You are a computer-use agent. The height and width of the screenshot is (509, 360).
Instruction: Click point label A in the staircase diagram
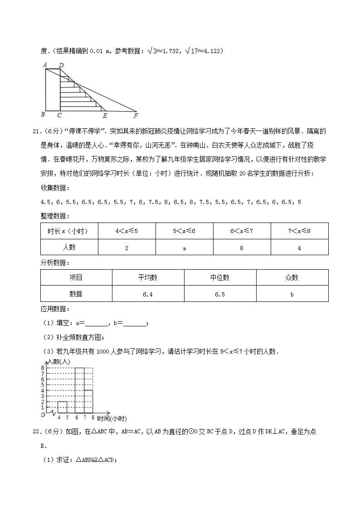coord(45,65)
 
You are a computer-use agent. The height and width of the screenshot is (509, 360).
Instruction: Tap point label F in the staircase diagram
coord(136,115)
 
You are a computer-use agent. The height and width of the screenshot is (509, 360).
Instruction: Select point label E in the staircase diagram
coord(105,115)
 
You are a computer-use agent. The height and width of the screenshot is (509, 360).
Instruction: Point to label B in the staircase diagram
coord(43,114)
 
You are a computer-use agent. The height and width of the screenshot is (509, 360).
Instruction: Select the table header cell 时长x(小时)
coord(69,231)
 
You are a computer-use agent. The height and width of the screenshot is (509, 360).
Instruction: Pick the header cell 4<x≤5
coord(126,231)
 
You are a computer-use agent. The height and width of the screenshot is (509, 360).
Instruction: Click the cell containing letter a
coord(184,248)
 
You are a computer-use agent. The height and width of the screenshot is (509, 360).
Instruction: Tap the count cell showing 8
coord(242,248)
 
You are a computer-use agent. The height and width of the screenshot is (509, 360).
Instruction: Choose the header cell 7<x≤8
coord(299,231)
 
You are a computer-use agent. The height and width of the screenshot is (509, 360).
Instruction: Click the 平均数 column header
coord(148,277)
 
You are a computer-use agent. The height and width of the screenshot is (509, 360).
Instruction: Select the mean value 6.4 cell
coord(148,294)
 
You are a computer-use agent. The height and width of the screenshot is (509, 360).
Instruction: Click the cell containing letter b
coord(292,294)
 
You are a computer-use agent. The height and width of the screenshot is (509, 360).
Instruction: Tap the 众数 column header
coord(292,277)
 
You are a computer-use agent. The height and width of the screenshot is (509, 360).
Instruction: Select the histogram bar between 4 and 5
coord(63,407)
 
